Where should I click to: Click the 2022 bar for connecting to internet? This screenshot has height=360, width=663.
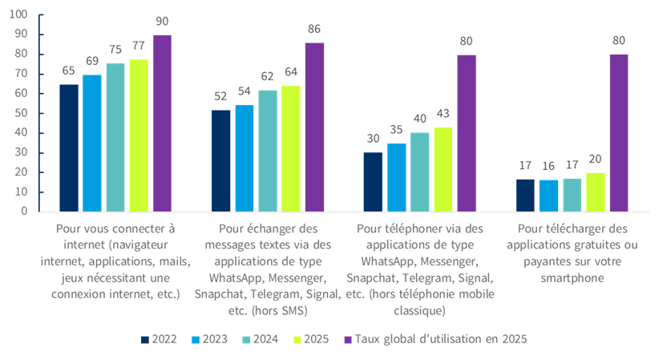(x=69, y=148)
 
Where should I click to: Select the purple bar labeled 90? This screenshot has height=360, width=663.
(x=162, y=123)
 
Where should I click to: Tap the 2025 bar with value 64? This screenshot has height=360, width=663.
(x=291, y=148)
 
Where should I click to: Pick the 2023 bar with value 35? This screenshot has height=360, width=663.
(x=397, y=177)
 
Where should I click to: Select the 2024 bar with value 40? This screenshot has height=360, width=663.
(x=420, y=172)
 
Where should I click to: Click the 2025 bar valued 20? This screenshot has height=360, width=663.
(x=595, y=192)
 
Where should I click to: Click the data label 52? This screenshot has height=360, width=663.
(x=220, y=96)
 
